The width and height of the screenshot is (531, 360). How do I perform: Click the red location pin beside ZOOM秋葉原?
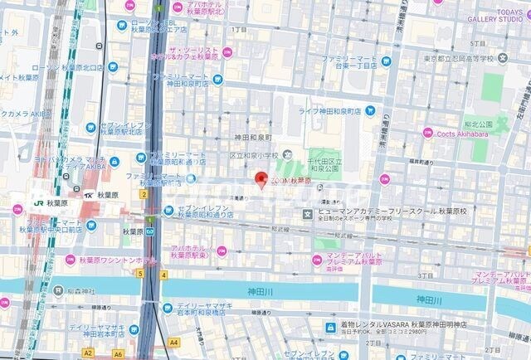click(260, 180)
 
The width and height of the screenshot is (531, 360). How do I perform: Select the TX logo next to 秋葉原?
click(87, 195)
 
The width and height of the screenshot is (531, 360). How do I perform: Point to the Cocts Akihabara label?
click(465, 134)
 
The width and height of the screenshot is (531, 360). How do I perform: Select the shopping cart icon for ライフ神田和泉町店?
click(369, 110)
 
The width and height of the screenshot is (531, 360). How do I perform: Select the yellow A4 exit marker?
click(173, 342)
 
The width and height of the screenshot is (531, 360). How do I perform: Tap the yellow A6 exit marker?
click(118, 353)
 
